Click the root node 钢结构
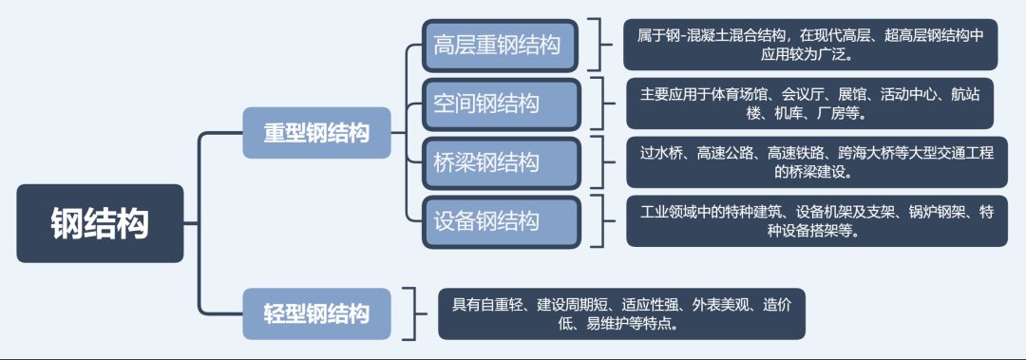(100, 223)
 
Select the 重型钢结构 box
(316, 133)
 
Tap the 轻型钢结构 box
(316, 313)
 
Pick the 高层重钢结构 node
(500, 45)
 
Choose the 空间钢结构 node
(500, 104)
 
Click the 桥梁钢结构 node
(500, 162)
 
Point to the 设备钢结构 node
(500, 221)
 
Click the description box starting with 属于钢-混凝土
(810, 45)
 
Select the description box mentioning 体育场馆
(810, 104)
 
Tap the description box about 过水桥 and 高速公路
(810, 162)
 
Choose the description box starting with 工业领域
(810, 221)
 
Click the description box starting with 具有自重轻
(621, 313)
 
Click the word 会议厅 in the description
(804, 94)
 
